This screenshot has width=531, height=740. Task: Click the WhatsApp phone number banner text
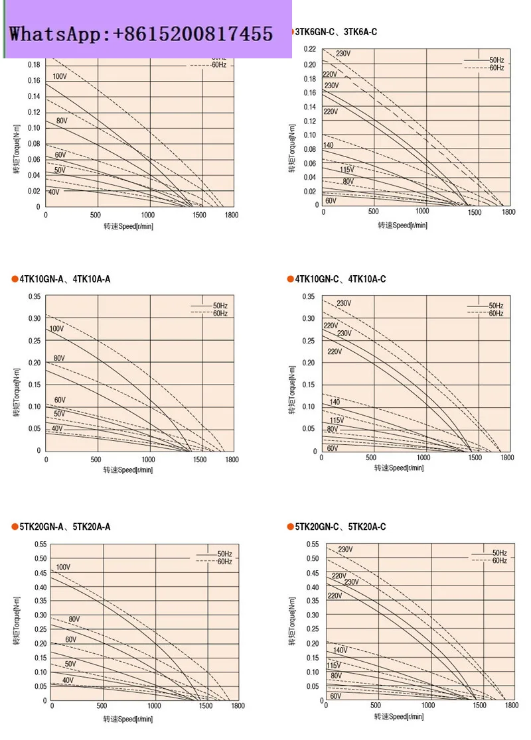click(x=141, y=34)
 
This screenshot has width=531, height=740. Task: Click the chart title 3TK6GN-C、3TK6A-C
click(x=335, y=32)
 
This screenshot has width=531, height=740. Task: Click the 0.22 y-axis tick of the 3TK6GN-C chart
click(x=310, y=50)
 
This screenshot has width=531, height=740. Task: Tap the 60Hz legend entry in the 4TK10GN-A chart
click(x=220, y=313)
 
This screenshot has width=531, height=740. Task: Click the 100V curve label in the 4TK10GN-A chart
click(x=57, y=329)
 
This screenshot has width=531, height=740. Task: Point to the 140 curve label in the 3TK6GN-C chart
click(x=329, y=145)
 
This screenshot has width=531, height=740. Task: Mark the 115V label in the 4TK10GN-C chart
click(x=337, y=420)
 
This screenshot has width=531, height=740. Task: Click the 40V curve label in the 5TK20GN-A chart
click(x=68, y=680)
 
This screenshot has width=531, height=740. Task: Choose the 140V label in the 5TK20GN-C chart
click(x=341, y=650)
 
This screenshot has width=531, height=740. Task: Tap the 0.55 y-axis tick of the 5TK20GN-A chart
click(x=39, y=544)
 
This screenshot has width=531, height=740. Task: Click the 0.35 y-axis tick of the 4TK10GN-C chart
click(x=309, y=296)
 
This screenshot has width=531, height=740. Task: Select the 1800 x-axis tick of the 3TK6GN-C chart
click(x=508, y=212)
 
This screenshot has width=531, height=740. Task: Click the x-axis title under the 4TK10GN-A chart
click(x=127, y=470)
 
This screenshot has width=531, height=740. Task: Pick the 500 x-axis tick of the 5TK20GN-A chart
click(x=102, y=707)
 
